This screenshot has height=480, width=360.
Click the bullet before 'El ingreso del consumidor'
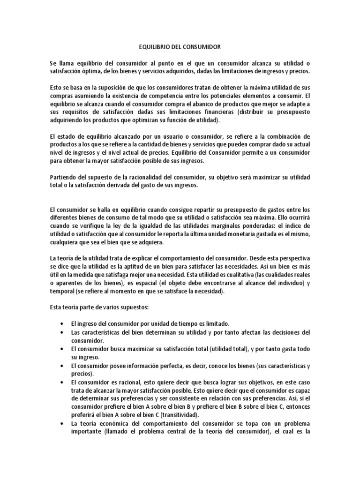pyautogui.click(x=63, y=324)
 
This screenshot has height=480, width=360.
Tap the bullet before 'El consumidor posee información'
pyautogui.click(x=63, y=365)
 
